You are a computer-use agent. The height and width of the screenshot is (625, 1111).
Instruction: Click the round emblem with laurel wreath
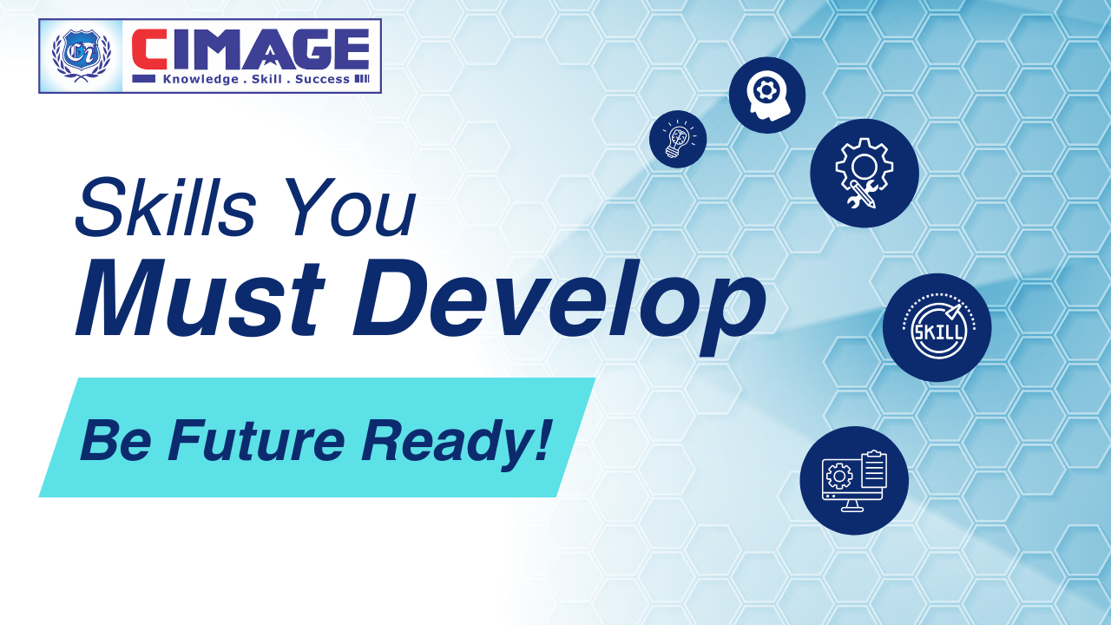tap(81, 56)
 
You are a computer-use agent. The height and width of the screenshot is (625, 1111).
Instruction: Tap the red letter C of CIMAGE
tap(148, 51)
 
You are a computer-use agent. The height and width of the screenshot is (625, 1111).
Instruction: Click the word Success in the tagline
tap(322, 80)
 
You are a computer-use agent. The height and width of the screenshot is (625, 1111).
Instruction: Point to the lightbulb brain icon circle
tap(678, 139)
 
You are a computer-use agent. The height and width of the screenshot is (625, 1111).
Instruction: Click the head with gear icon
tap(767, 95)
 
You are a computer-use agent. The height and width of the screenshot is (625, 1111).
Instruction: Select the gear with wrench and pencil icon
tap(864, 174)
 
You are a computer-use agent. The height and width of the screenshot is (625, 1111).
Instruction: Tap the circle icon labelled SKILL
tap(937, 328)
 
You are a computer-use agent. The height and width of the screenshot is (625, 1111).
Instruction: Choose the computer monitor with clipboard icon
tap(854, 480)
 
